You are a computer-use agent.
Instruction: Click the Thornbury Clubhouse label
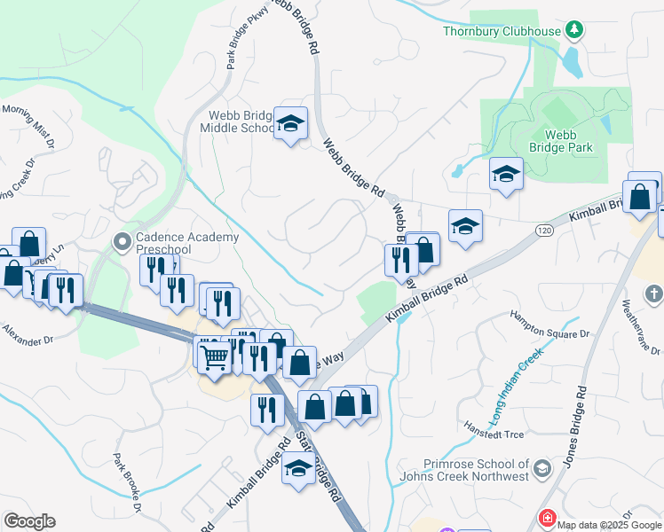point(502,31)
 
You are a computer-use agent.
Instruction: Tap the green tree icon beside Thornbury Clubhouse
point(574,30)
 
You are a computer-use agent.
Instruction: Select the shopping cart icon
point(215,356)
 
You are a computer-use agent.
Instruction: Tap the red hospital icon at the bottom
point(548,517)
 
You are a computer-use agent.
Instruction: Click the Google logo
point(29,521)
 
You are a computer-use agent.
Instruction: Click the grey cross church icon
point(653,293)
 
